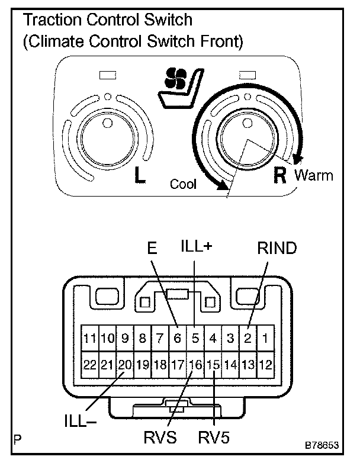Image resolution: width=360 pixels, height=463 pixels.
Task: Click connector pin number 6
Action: click(x=176, y=339)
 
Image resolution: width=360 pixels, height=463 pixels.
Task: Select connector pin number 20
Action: click(x=124, y=365)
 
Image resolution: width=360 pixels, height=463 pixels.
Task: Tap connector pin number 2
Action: click(x=249, y=339)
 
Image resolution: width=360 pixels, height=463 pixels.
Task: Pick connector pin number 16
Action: click(x=195, y=365)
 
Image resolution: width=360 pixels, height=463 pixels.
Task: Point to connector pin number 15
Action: click(x=213, y=365)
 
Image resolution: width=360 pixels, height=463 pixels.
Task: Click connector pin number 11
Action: click(x=89, y=339)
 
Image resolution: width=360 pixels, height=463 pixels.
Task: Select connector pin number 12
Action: click(x=266, y=365)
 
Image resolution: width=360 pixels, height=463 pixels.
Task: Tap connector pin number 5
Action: click(x=195, y=339)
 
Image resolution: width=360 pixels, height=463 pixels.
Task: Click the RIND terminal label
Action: click(x=277, y=249)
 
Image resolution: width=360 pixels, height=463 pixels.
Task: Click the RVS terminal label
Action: click(x=160, y=439)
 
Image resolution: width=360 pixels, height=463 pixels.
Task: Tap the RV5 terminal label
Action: click(x=214, y=439)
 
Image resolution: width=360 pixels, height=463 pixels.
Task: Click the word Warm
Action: click(x=313, y=176)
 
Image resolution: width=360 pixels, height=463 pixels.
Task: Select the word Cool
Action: click(x=183, y=184)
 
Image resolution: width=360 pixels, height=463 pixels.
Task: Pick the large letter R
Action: click(x=279, y=176)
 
